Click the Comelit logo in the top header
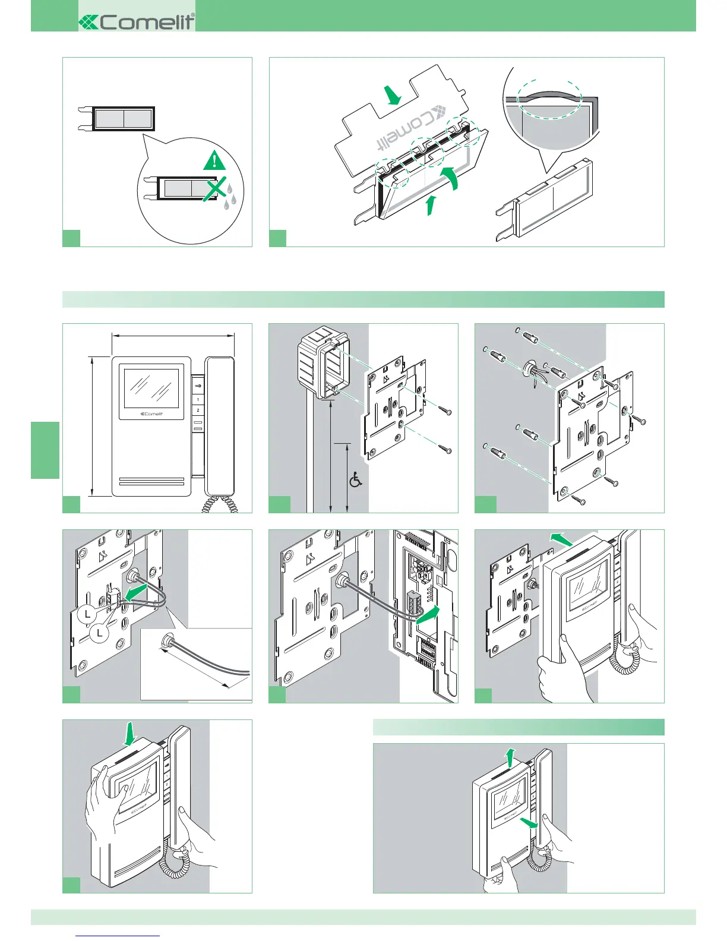pyautogui.click(x=137, y=22)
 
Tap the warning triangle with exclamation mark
pyautogui.click(x=214, y=161)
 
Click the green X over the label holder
pyautogui.click(x=216, y=189)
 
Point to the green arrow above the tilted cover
pyautogui.click(x=392, y=96)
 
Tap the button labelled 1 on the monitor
pyautogui.click(x=198, y=399)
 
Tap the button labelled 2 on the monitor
pyautogui.click(x=198, y=410)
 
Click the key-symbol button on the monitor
pyautogui.click(x=198, y=386)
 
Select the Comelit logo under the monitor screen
pyautogui.click(x=151, y=414)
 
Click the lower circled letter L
pyautogui.click(x=100, y=633)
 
